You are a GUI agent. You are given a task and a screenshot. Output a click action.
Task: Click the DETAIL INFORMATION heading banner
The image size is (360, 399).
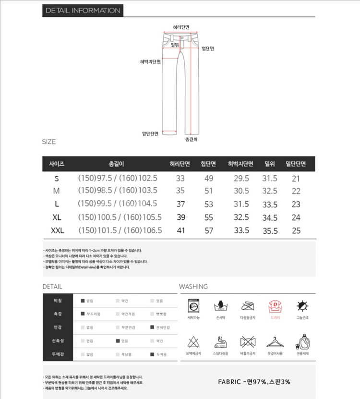[83, 11]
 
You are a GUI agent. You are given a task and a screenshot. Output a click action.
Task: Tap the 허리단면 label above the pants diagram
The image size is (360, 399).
[181, 27]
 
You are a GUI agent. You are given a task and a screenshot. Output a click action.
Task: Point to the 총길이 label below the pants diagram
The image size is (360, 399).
[192, 139]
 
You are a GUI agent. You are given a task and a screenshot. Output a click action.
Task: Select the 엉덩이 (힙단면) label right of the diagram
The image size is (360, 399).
[208, 48]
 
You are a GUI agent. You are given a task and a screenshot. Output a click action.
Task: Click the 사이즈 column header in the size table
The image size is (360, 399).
[57, 164]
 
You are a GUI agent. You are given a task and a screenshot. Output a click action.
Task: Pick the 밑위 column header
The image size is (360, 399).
[270, 164]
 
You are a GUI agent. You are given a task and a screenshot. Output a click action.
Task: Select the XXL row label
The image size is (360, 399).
[57, 230]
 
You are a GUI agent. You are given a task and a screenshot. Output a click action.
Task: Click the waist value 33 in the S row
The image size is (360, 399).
[180, 179]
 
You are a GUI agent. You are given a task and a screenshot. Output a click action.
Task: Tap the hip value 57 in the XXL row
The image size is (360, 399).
[209, 230]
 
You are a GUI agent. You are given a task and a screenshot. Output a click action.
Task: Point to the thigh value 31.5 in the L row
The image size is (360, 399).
[241, 205]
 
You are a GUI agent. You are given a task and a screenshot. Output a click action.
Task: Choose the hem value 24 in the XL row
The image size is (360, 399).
[296, 218]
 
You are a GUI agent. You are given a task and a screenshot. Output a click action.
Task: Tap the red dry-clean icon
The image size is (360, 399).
[275, 305]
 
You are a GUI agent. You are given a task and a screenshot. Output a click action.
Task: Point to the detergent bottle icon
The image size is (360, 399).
[302, 342]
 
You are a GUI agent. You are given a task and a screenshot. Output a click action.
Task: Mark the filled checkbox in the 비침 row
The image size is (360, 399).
[83, 301]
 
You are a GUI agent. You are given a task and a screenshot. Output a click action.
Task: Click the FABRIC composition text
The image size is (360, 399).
[254, 382]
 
